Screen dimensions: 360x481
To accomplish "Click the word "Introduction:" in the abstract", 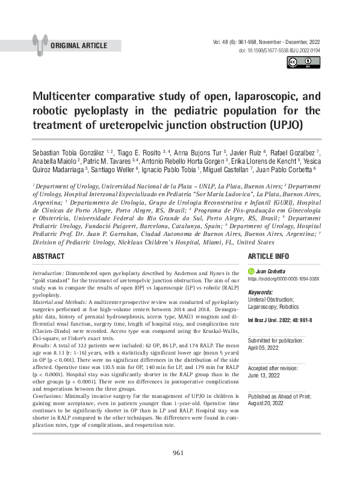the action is pyautogui.click(x=50, y=273).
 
